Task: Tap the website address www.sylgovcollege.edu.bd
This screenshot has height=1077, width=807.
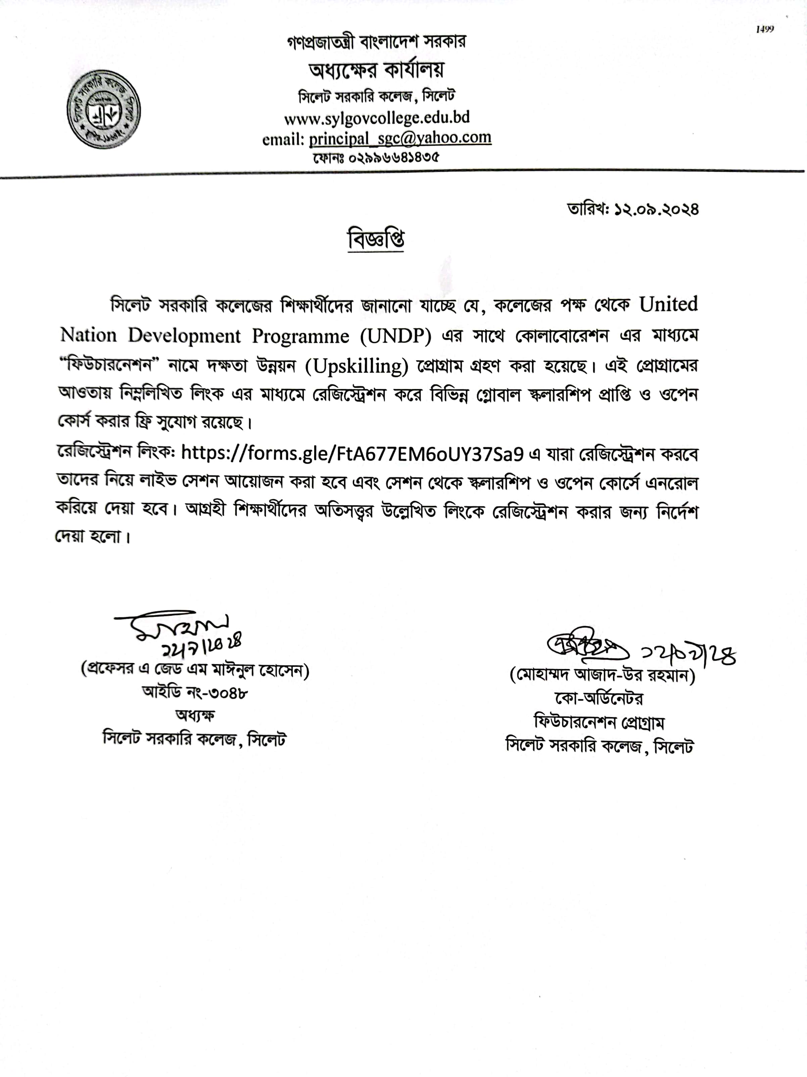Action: point(377,118)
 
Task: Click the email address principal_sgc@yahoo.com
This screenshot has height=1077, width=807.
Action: point(400,138)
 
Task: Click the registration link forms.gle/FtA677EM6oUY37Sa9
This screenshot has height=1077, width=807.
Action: point(352,453)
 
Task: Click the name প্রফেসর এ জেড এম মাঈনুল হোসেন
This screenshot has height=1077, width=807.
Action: point(195,670)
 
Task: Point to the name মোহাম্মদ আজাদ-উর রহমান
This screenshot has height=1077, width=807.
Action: point(602,676)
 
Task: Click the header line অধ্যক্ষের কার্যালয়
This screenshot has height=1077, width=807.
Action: point(376,71)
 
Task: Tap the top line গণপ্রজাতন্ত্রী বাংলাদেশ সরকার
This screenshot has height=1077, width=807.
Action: point(376,42)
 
